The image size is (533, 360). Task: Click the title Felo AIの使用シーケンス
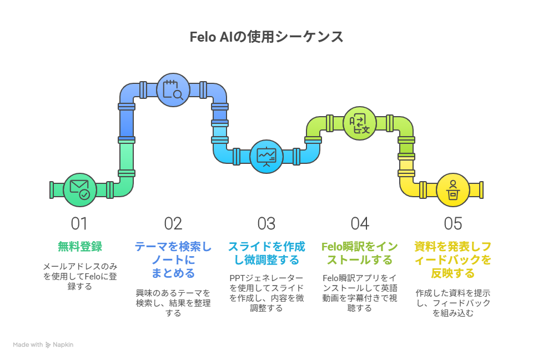click(x=266, y=37)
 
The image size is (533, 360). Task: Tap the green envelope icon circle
click(x=80, y=190)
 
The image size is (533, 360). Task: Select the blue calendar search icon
click(x=173, y=90)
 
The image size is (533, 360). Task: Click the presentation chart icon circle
click(x=266, y=157)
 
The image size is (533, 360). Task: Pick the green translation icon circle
click(x=360, y=123)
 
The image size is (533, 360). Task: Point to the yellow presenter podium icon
click(x=453, y=190)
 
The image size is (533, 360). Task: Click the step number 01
click(x=79, y=224)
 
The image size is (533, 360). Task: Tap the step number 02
click(x=173, y=224)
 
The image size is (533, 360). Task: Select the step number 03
click(x=266, y=224)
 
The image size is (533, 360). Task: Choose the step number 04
click(x=360, y=224)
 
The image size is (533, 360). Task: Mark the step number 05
click(x=453, y=224)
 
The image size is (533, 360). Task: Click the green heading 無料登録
click(x=80, y=246)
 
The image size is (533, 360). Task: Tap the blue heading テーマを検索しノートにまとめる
click(x=173, y=259)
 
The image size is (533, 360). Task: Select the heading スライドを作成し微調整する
click(x=266, y=253)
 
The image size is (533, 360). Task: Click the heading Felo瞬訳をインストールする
click(x=360, y=253)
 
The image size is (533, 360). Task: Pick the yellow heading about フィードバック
click(x=453, y=259)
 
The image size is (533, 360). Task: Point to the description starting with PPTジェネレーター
click(x=266, y=293)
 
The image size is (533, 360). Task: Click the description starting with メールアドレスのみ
click(x=80, y=276)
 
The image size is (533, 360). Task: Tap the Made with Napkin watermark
click(x=43, y=344)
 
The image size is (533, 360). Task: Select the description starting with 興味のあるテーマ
click(x=173, y=303)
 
